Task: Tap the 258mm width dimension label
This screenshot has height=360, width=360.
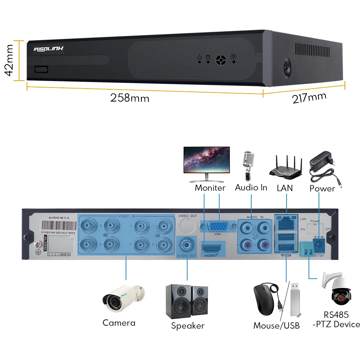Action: click(x=129, y=98)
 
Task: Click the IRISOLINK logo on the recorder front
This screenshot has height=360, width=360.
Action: click(x=48, y=49)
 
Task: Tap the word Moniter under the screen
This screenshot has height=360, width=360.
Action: click(x=210, y=188)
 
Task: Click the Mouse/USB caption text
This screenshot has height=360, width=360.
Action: click(x=276, y=326)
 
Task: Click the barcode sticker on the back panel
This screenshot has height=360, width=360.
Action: click(x=59, y=228)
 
